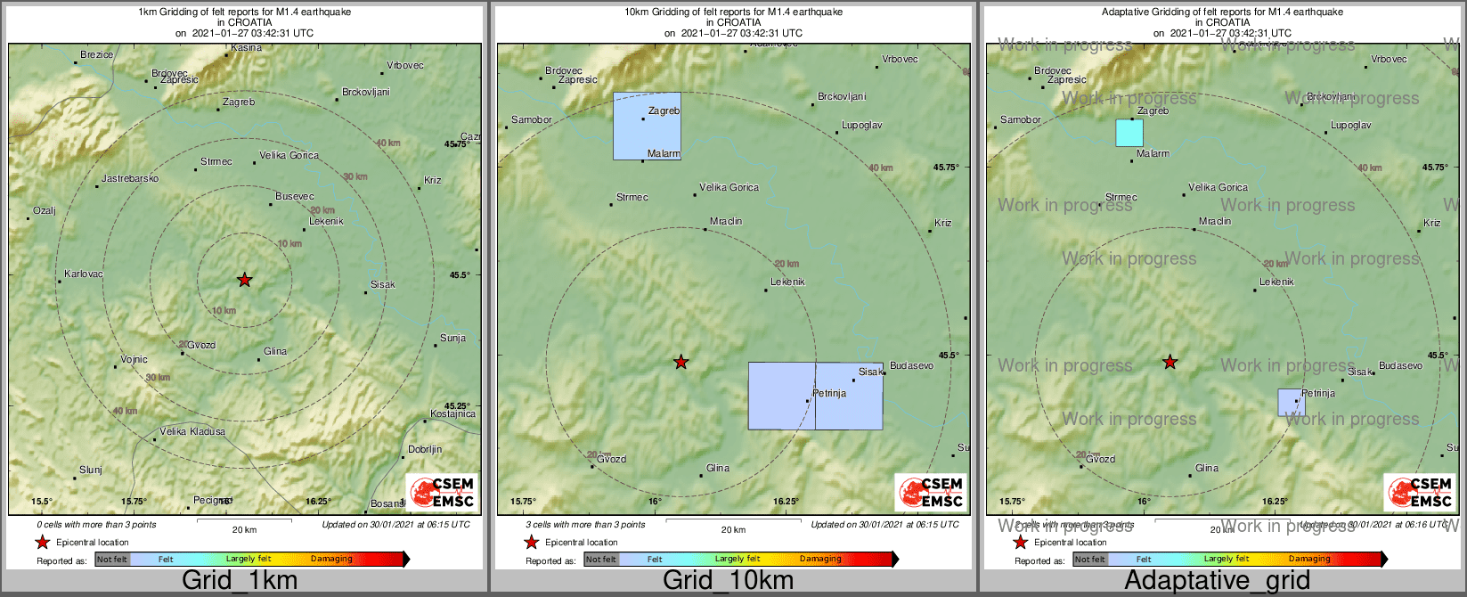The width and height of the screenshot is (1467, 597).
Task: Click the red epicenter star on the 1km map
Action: point(245,280)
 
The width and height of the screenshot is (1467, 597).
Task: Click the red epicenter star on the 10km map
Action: point(681,362)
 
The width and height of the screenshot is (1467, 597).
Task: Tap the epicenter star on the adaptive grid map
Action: point(1170,362)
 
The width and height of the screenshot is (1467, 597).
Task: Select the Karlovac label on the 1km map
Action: point(84,274)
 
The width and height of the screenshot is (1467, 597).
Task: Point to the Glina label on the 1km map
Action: point(275,351)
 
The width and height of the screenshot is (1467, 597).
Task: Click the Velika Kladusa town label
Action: point(192,431)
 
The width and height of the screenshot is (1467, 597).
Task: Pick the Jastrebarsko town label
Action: point(130,178)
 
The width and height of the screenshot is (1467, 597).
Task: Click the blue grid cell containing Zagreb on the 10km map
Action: point(647,126)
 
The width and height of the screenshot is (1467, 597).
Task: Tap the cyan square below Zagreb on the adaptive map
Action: point(1129,133)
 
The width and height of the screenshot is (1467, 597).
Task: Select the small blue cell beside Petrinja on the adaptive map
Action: point(1292,402)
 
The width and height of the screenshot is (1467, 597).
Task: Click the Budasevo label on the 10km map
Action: point(911,365)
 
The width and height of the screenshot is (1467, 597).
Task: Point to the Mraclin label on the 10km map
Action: point(726,221)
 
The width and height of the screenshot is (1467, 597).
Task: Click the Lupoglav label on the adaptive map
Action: point(1351,126)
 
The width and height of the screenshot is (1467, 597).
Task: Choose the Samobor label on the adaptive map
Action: point(1021,119)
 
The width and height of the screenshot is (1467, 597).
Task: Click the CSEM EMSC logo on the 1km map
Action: point(442,492)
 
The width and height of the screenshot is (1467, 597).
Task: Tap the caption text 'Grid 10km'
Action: point(728,581)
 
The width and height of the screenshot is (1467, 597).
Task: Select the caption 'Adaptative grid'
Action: point(1217,581)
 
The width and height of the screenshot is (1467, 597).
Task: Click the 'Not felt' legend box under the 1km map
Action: point(112,560)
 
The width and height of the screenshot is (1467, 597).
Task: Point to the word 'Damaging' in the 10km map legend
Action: point(820,560)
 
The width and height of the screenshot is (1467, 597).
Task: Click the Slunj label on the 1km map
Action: point(91,470)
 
